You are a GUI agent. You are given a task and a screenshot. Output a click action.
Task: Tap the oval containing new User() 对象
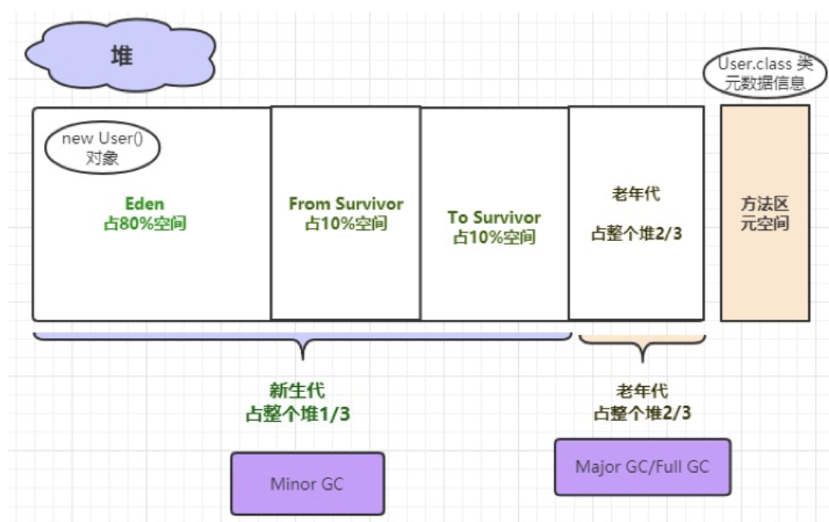point(102,149)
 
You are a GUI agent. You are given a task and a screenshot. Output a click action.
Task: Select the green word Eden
point(144,204)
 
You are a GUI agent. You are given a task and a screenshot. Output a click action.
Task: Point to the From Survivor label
point(346,204)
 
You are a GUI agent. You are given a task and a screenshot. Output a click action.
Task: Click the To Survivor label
point(494,217)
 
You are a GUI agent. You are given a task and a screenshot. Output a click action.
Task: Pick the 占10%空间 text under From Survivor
point(346,225)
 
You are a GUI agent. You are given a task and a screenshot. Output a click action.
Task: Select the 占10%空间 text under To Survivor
point(494,238)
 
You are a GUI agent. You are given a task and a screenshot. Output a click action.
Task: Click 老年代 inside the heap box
point(636,195)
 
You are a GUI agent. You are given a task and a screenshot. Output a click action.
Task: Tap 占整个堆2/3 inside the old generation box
point(636,234)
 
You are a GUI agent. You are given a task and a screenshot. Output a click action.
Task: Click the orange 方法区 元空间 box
point(764,213)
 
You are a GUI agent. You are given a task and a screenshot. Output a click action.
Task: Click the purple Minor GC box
point(307,483)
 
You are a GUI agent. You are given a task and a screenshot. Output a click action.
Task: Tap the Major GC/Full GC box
point(642,466)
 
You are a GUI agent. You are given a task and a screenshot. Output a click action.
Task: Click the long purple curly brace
point(303,341)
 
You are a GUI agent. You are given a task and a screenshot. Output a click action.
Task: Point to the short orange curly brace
point(642,344)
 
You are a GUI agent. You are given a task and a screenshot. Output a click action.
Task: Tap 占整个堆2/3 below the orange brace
point(642,413)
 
